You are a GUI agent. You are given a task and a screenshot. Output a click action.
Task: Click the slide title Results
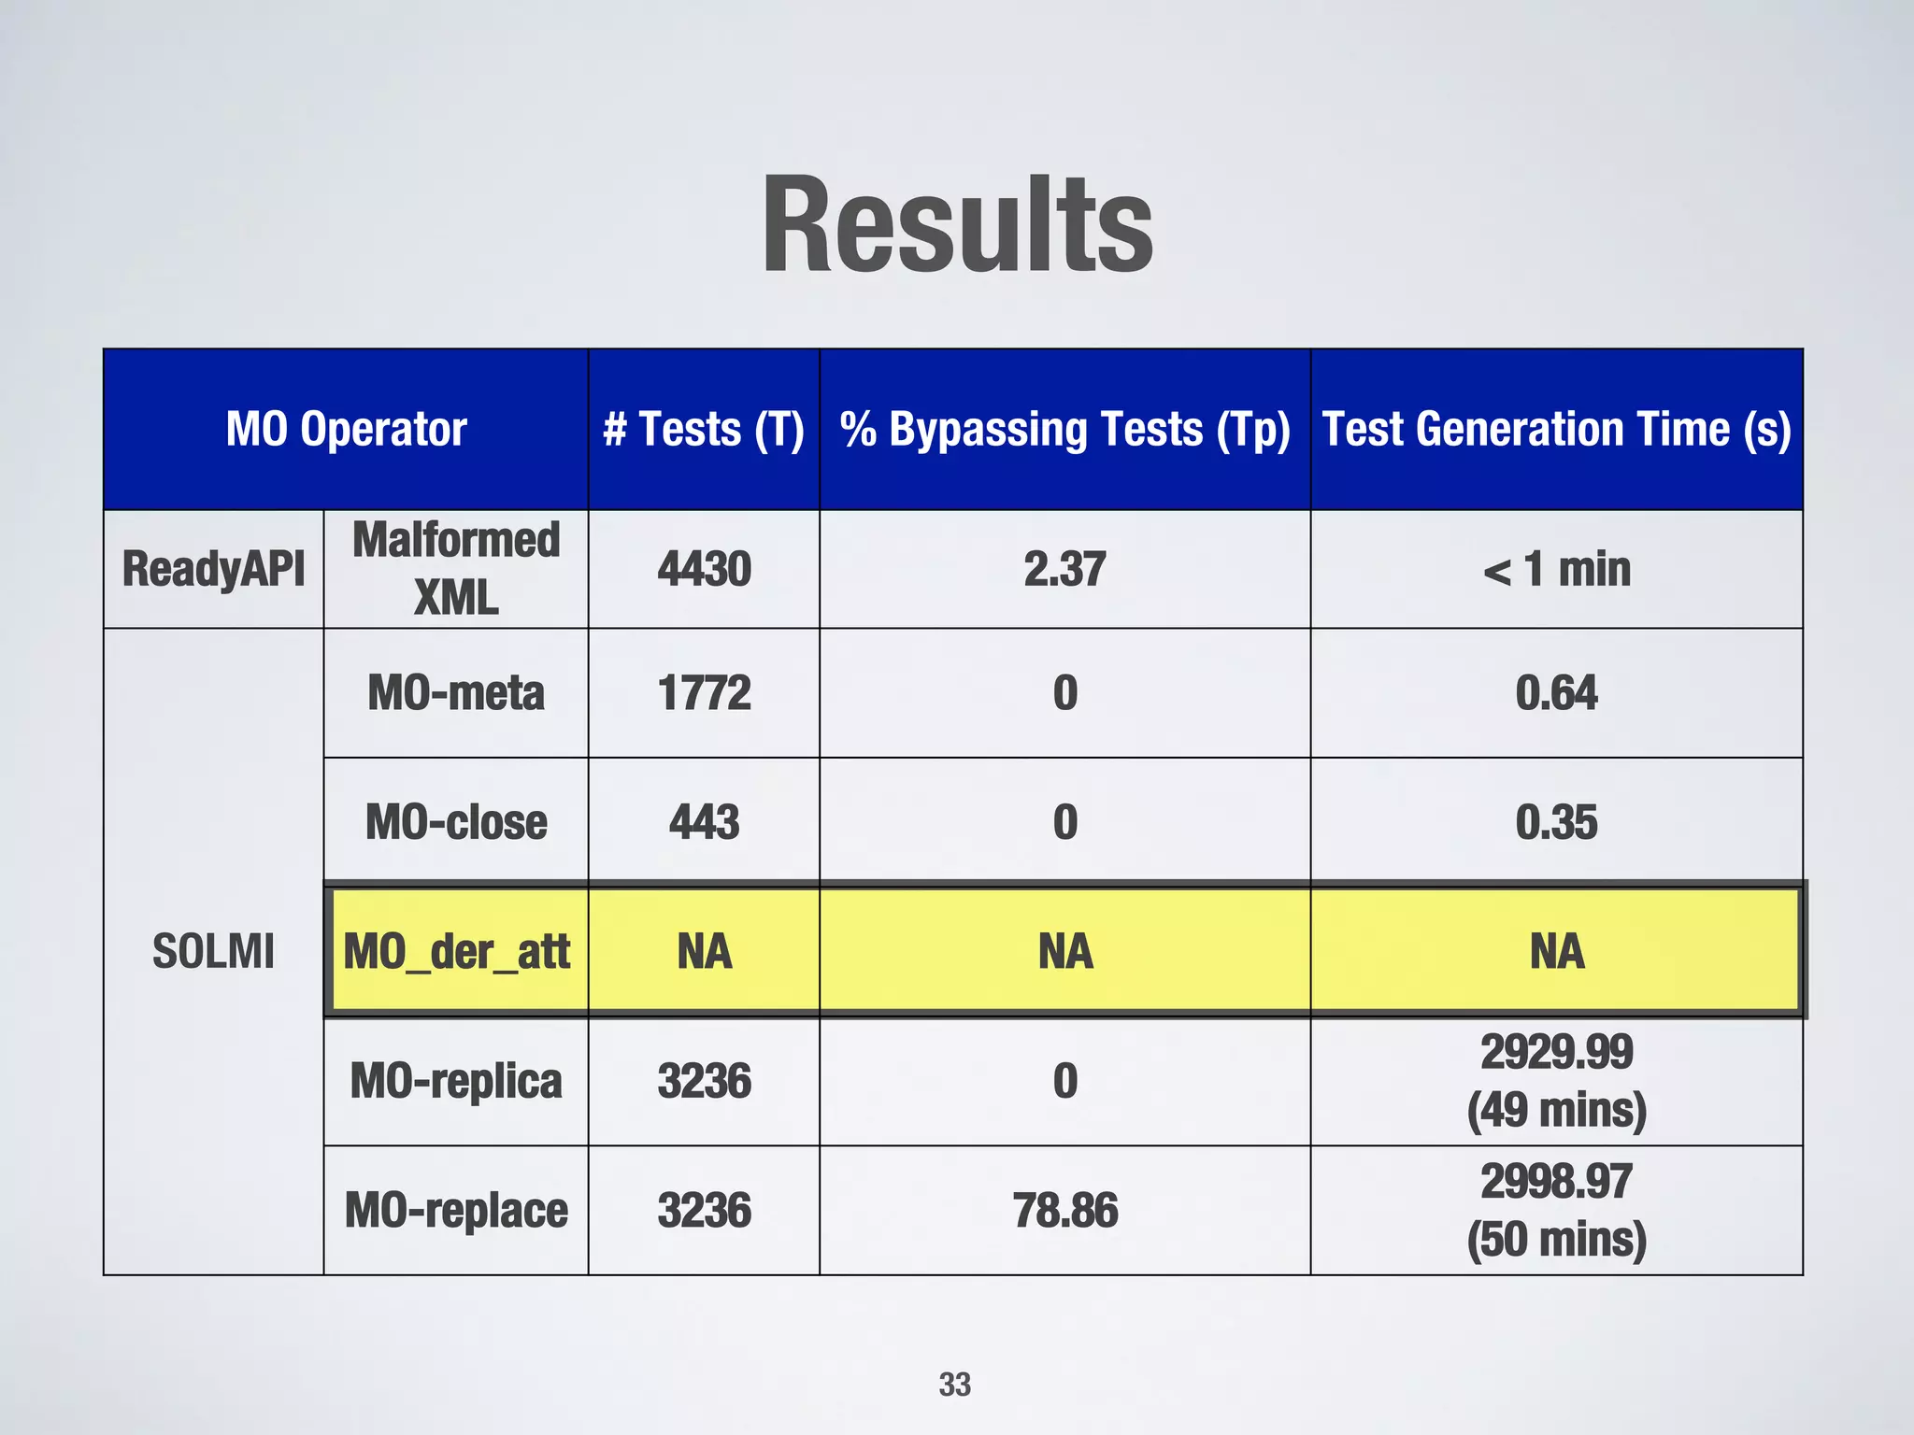[x=957, y=226]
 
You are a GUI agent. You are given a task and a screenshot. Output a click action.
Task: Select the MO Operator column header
[x=346, y=430]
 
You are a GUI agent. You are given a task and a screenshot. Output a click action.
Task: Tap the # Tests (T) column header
[x=704, y=430]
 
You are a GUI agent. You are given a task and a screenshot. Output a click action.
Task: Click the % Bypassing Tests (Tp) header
[x=1064, y=430]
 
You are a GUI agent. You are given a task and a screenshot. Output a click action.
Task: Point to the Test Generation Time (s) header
[x=1556, y=430]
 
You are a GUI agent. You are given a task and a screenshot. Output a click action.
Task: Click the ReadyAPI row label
[x=213, y=569]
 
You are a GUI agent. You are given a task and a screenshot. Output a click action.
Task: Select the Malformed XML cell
[x=456, y=569]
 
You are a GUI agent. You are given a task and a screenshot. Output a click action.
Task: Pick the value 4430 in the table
[x=704, y=569]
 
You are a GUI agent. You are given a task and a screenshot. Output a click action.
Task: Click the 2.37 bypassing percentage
[x=1064, y=569]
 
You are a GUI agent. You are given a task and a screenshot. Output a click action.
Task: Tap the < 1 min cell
[x=1556, y=569]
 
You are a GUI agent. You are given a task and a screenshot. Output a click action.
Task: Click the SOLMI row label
[x=213, y=951]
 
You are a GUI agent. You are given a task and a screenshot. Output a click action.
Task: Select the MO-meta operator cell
[x=456, y=693]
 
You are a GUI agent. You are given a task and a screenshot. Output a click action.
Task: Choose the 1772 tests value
[x=704, y=693]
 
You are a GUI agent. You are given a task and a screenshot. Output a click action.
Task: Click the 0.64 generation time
[x=1556, y=693]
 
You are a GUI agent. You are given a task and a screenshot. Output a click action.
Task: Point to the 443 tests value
[x=704, y=822]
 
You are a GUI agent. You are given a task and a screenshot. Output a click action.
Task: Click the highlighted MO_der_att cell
[x=456, y=951]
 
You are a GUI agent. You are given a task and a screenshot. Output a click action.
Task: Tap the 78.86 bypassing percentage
[x=1064, y=1211]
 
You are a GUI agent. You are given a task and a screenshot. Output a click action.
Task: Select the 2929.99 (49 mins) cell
[x=1556, y=1081]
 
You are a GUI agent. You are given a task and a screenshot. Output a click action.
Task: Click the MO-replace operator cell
[x=456, y=1211]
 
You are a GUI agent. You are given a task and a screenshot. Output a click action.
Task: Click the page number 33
[x=954, y=1385]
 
